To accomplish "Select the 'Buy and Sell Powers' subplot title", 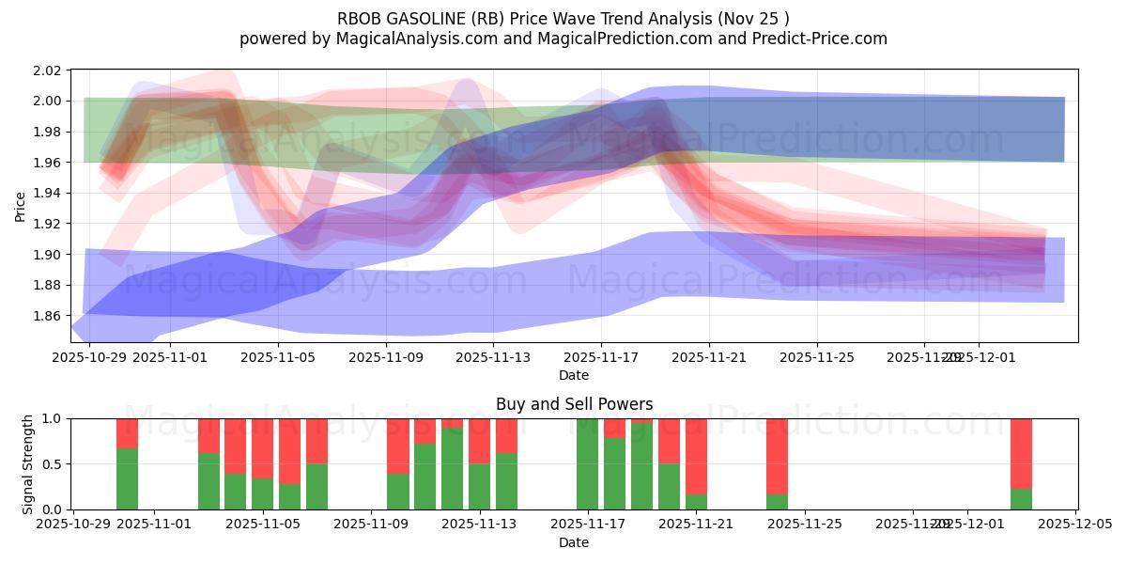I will [x=574, y=404].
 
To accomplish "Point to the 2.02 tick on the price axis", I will [x=47, y=70].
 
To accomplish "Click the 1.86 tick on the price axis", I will [x=47, y=316].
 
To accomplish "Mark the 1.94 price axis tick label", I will [x=47, y=194].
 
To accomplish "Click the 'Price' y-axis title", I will [x=20, y=206].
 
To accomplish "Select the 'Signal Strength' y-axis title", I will [x=27, y=463].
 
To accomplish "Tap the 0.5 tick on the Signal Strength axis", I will [x=52, y=464].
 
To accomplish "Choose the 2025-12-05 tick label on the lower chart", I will [x=1074, y=525].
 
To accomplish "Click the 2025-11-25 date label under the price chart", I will [x=817, y=358].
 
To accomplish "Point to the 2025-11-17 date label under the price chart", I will [x=601, y=358].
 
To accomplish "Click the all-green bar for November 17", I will [x=587, y=464].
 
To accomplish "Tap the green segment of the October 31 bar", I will [x=127, y=478].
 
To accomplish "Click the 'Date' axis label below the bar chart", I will [x=574, y=542].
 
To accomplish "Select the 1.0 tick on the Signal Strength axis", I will [x=52, y=419].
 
